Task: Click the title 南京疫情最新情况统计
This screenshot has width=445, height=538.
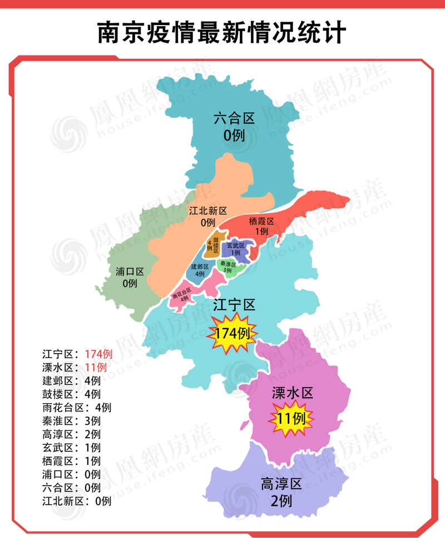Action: pos(222,32)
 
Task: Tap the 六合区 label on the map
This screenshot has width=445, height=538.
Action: pos(234,119)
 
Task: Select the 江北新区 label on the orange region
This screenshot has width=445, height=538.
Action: pos(208,211)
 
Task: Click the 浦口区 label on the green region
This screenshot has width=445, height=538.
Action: pos(130,272)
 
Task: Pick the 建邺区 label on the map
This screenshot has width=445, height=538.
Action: pos(200,267)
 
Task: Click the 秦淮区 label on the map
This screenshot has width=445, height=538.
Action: pos(228,263)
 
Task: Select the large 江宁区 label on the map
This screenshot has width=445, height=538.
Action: pos(234,305)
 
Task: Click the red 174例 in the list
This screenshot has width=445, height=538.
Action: pos(99,354)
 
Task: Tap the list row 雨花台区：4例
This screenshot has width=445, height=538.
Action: pos(77,407)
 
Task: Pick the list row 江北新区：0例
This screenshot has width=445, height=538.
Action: pos(77,501)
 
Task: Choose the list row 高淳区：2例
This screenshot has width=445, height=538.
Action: pos(71,434)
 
